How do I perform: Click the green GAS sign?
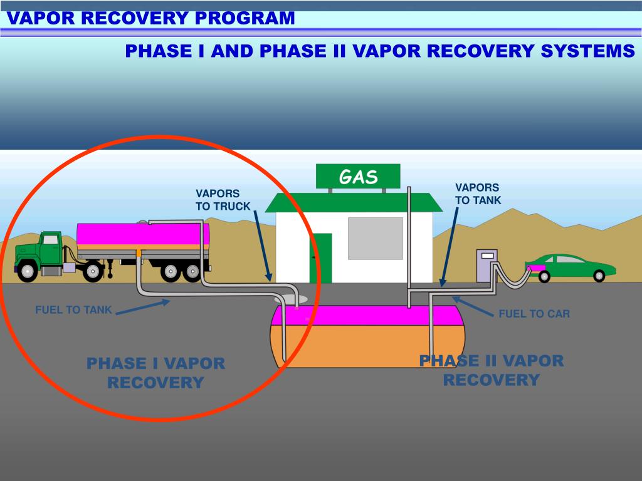click(358, 176)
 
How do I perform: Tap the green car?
click(571, 267)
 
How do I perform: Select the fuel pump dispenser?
click(487, 266)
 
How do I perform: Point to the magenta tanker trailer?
click(143, 235)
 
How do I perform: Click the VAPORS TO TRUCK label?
click(223, 200)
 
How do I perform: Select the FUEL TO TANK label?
click(73, 309)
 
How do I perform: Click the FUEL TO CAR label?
click(534, 314)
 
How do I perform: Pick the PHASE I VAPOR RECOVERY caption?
click(155, 373)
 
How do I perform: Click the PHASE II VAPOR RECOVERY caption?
click(492, 370)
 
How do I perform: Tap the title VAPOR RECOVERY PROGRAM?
click(151, 18)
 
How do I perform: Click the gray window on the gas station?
click(375, 238)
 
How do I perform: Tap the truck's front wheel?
click(27, 271)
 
